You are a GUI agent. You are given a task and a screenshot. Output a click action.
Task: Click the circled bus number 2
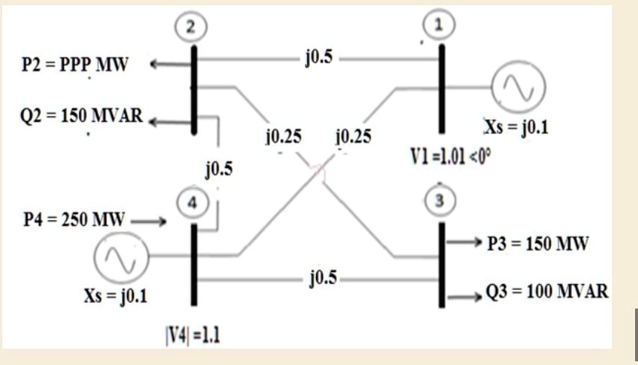[193, 27]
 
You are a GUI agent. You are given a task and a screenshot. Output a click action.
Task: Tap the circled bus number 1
[441, 25]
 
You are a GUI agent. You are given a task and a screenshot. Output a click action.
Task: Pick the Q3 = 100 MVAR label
[547, 291]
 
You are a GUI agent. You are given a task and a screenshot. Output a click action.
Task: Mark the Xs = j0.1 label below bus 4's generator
[115, 297]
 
